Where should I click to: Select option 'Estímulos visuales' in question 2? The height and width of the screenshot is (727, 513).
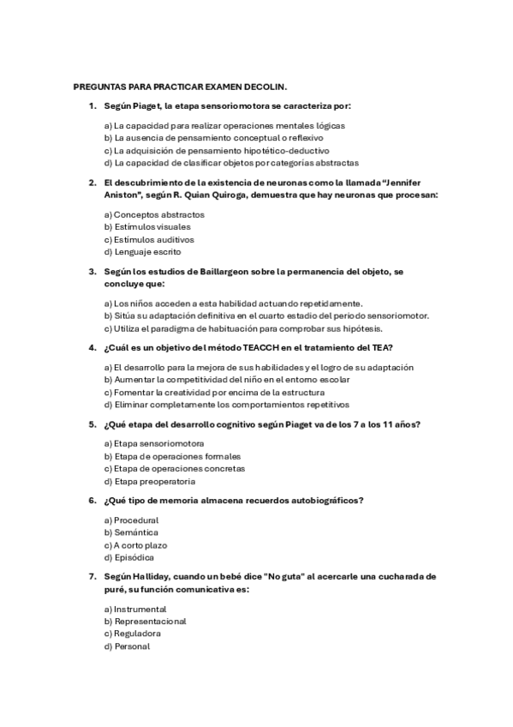click(146, 227)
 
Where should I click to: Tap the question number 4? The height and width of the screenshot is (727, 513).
click(92, 347)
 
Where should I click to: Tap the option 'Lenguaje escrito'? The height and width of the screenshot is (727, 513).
click(142, 252)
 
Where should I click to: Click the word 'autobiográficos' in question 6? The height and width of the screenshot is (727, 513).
click(321, 500)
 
